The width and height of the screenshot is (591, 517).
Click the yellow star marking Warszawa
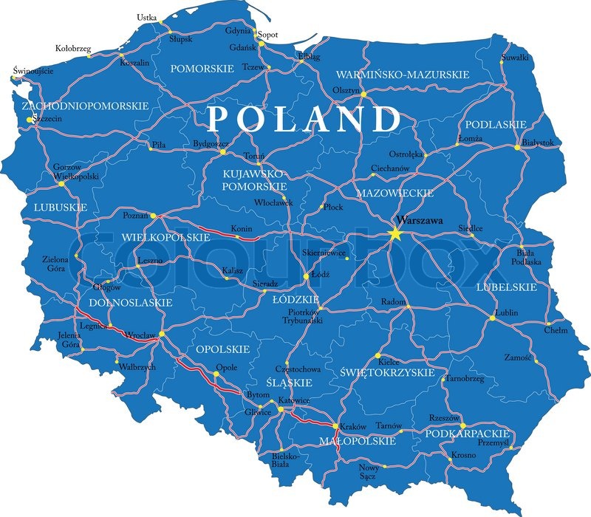pyautogui.click(x=394, y=234)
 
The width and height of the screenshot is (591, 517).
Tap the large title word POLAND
pyautogui.click(x=303, y=118)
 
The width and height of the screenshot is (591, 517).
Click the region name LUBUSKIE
pyautogui.click(x=61, y=208)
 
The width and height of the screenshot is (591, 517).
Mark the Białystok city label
pyautogui.click(x=537, y=143)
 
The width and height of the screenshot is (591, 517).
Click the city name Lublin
pyautogui.click(x=507, y=313)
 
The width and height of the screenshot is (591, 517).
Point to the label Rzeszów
pyautogui.click(x=444, y=417)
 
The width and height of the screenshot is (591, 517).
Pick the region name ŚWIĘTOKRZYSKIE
pyautogui.click(x=388, y=373)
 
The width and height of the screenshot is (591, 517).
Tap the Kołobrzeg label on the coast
pyautogui.click(x=74, y=49)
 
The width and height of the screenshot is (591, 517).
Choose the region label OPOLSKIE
pyautogui.click(x=222, y=349)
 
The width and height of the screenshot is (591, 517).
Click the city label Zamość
pyautogui.click(x=518, y=357)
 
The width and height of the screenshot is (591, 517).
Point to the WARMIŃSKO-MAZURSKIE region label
pyautogui.click(x=403, y=75)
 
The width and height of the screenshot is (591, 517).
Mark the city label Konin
pyautogui.click(x=242, y=229)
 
